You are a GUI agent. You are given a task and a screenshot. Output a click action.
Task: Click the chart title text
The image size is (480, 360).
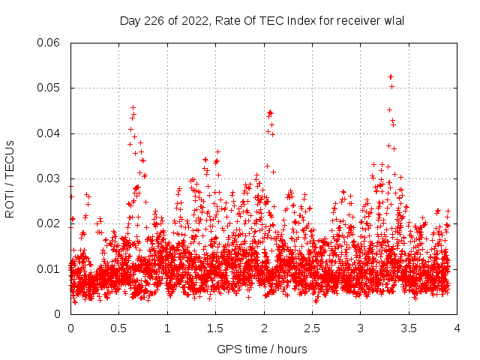click(262, 21)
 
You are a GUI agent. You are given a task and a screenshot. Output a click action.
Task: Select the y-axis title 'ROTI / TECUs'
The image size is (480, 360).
click(10, 178)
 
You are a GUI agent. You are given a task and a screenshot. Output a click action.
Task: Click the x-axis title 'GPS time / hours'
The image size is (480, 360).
click(262, 349)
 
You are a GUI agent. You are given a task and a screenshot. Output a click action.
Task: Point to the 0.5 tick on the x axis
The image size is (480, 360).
click(118, 328)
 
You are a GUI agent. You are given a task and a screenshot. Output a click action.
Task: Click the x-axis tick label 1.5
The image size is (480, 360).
click(215, 328)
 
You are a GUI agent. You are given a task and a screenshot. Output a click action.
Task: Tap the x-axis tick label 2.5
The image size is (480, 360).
click(312, 328)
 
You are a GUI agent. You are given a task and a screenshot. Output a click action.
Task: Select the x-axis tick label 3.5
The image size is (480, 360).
click(409, 328)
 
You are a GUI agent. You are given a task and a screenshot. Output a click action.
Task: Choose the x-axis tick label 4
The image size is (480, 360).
click(457, 328)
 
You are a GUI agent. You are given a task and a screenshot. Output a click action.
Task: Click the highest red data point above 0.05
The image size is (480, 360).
click(391, 76)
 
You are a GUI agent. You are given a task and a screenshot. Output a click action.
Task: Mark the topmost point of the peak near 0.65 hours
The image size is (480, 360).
click(133, 107)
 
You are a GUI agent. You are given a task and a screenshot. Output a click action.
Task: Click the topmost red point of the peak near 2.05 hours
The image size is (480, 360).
click(270, 112)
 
